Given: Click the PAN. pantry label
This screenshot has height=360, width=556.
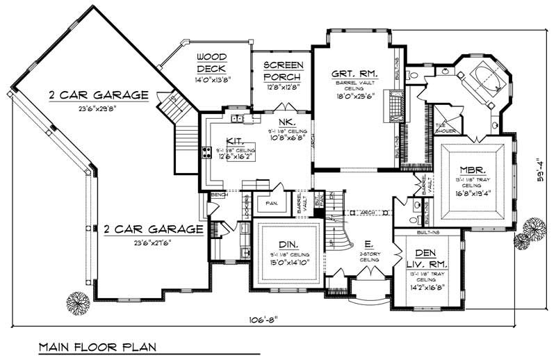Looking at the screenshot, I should click(x=272, y=204).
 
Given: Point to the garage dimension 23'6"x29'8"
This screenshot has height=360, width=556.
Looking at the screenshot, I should click(x=98, y=108).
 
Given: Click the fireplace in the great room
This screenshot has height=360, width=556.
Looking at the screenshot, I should click(x=396, y=108).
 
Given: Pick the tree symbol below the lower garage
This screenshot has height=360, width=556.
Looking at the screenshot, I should click(x=77, y=302).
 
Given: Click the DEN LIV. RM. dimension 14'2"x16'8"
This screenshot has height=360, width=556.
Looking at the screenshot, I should click(x=426, y=286).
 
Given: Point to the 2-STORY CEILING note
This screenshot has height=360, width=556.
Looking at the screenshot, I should click(x=368, y=257).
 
